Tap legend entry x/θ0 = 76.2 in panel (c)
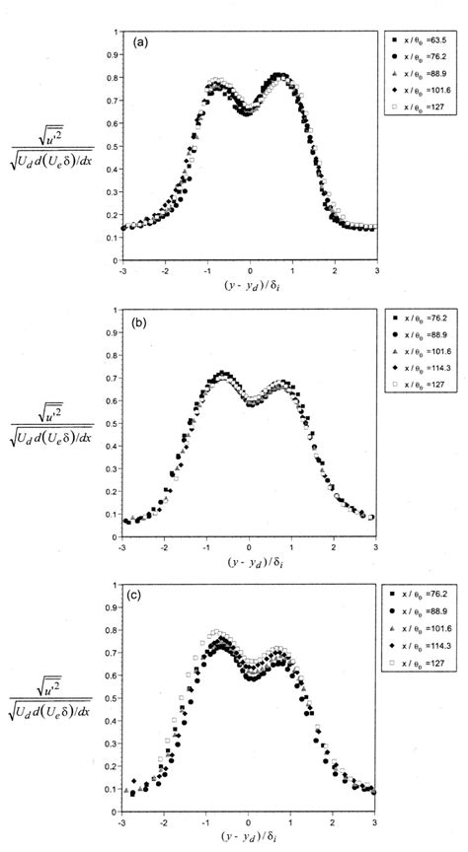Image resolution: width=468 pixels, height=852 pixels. tap(419, 595)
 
